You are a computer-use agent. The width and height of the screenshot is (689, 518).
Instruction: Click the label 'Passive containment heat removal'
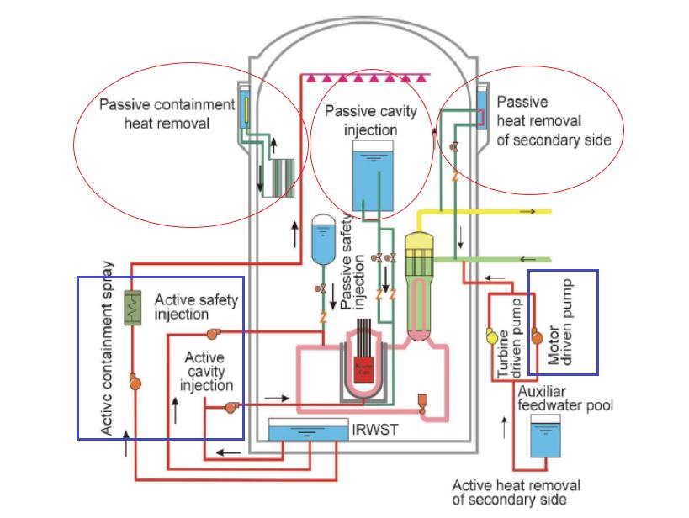point(167,114)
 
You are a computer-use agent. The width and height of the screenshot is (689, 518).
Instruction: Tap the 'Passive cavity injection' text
point(371,121)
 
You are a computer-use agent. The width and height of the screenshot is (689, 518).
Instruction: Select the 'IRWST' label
point(367,431)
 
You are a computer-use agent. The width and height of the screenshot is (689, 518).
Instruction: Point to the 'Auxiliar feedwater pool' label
point(565,399)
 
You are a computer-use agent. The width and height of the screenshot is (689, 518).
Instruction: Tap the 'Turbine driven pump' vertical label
point(510,339)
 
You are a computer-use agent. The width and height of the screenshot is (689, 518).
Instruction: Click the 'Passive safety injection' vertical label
point(357,268)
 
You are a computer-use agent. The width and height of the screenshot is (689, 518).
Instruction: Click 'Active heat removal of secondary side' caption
point(516,492)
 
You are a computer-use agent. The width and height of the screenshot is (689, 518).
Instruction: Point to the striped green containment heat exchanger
point(281,179)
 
